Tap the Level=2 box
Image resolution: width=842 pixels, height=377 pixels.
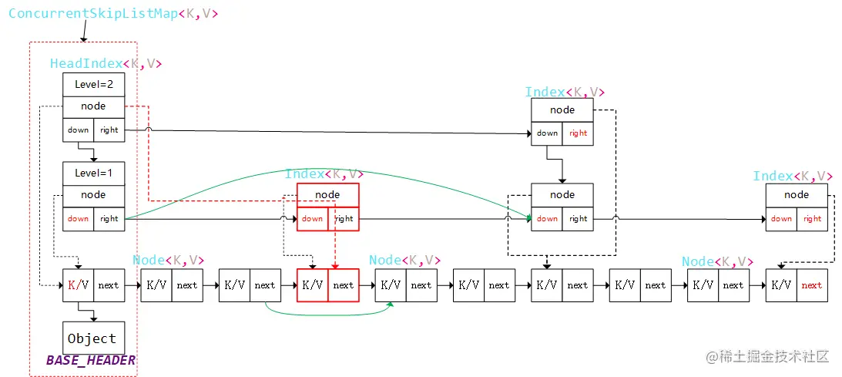(93, 84)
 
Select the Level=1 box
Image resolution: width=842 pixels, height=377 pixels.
(93, 173)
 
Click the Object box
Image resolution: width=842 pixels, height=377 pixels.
(92, 338)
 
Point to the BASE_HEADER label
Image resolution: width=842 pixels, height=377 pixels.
(91, 360)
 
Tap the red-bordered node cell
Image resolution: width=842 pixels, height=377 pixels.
(327, 195)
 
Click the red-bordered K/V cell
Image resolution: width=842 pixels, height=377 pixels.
(312, 285)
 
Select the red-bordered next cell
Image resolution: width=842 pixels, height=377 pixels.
(344, 285)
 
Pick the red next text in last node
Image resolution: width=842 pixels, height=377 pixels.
(812, 285)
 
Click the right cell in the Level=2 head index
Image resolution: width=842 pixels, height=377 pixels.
(109, 130)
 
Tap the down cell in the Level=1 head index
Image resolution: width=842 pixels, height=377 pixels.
(78, 219)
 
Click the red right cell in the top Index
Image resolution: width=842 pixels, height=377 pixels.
(579, 133)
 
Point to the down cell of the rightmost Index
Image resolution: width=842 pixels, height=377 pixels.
(781, 219)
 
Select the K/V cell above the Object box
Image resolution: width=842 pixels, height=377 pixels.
(78, 285)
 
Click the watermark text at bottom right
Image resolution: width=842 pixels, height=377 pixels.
(769, 356)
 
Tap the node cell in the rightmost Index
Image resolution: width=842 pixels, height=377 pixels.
(797, 195)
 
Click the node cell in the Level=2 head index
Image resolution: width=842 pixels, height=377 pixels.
(93, 106)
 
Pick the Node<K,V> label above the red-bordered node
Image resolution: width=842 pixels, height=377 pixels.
(404, 261)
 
